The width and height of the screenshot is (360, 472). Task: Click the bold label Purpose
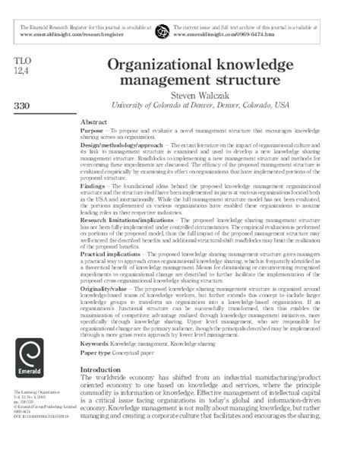pyautogui.click(x=93, y=131)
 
